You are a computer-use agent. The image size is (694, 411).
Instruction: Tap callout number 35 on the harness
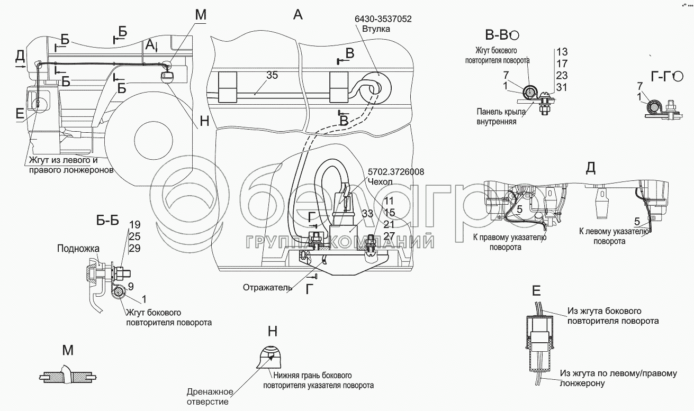point(272,75)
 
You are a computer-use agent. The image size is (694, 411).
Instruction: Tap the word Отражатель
point(267,288)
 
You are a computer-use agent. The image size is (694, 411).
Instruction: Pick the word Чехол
point(382,181)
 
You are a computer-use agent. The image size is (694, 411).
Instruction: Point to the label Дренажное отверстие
point(210,397)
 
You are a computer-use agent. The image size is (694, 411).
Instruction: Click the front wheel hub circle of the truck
point(154,140)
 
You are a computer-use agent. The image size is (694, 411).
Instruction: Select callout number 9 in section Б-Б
point(130,287)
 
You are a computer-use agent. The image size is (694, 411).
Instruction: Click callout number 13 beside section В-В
point(562,51)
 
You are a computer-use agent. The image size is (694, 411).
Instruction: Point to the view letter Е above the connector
point(536,290)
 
